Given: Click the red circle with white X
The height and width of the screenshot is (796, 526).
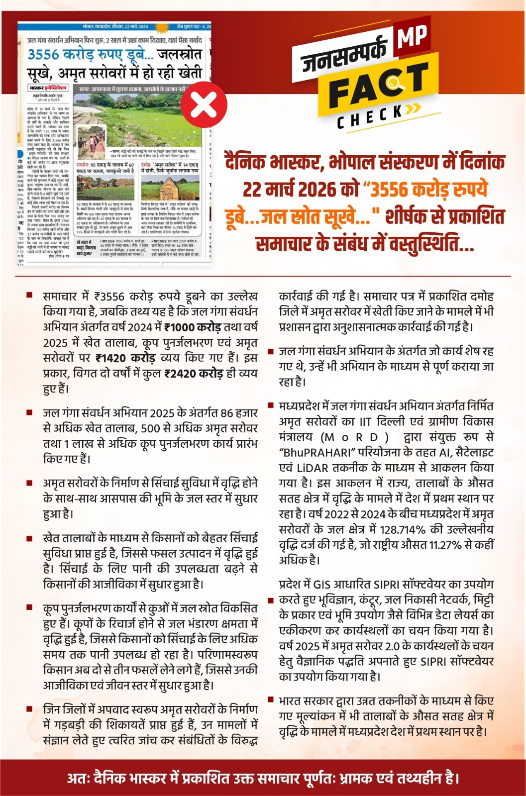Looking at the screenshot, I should [x=204, y=104].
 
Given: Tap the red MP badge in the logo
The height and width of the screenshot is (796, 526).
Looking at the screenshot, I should [x=412, y=38].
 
